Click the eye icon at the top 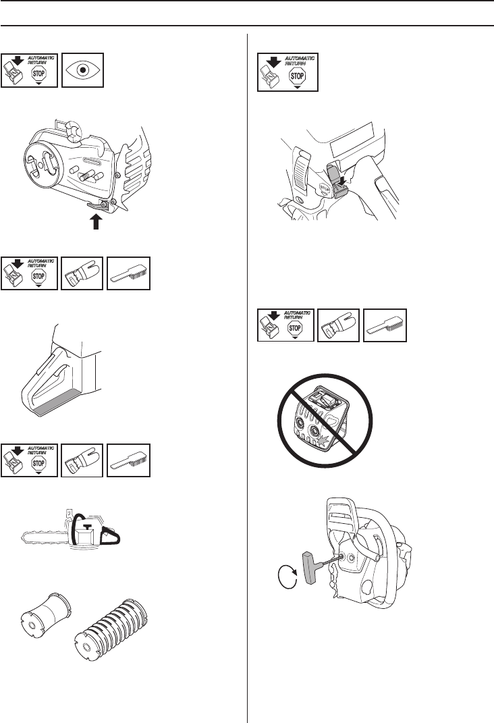point(82,70)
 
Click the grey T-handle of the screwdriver point(307,570)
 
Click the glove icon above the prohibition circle point(338,325)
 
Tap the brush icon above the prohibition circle point(385,325)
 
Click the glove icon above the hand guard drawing point(82,273)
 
